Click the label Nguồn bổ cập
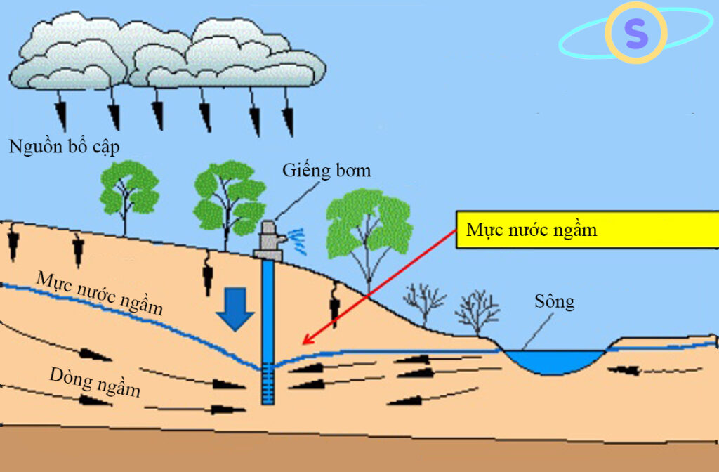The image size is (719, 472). [x=64, y=147]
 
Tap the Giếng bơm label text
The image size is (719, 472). [x=326, y=171]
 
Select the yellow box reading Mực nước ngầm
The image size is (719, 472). [x=588, y=230]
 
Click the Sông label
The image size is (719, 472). [x=555, y=302]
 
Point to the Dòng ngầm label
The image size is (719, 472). [x=95, y=381]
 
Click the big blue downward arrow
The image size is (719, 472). [x=235, y=309]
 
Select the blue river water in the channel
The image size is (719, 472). [x=554, y=361]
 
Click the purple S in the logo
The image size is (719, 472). [x=636, y=32]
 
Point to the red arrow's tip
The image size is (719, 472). [x=303, y=343]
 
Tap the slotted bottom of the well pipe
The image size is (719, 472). [x=268, y=386]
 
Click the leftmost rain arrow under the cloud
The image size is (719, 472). [x=60, y=110]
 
